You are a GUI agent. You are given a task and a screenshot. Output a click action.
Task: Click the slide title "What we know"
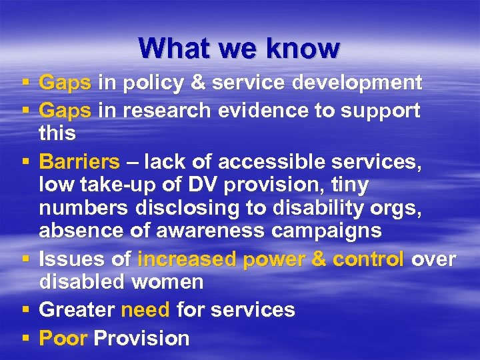click(x=239, y=48)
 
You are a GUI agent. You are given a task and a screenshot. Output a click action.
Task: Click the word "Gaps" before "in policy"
click(x=65, y=83)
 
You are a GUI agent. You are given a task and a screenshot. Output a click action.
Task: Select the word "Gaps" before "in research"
click(x=65, y=111)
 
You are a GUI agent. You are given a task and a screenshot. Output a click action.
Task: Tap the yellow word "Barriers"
click(x=79, y=162)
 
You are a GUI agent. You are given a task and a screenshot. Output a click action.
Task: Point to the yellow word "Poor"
click(x=63, y=338)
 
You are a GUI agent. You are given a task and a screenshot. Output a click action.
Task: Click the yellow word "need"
click(x=146, y=310)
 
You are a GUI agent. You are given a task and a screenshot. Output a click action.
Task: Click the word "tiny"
click(x=346, y=185)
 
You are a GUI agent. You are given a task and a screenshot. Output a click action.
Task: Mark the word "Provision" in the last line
click(x=141, y=338)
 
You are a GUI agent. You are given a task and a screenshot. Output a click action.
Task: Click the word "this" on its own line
click(x=57, y=133)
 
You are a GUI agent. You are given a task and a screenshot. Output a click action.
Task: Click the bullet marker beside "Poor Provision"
click(x=25, y=339)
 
